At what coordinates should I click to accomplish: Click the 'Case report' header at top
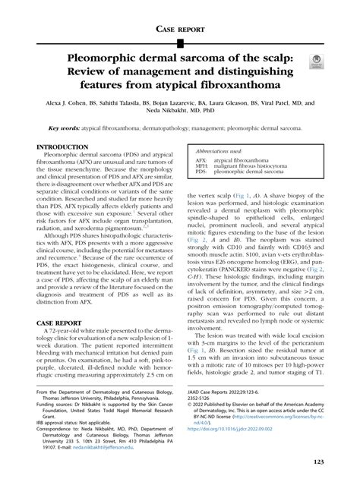(180, 28)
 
